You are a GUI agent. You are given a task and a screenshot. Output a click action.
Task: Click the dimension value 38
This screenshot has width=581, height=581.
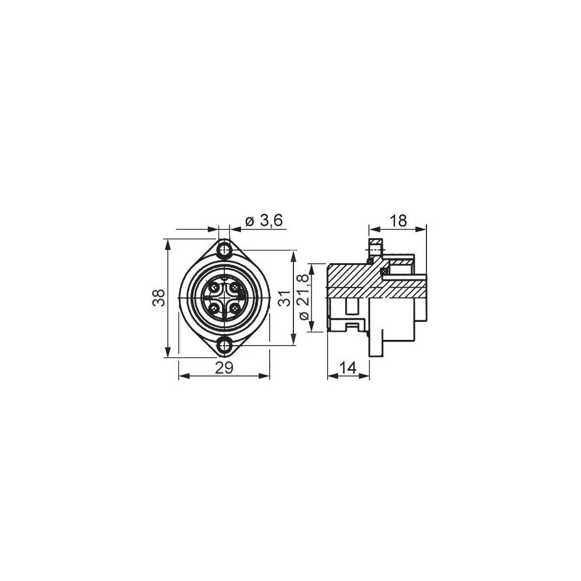tap(159, 298)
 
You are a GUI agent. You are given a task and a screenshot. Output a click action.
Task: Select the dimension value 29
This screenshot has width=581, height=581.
tap(224, 367)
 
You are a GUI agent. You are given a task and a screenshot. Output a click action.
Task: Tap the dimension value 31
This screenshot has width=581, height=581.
tap(285, 298)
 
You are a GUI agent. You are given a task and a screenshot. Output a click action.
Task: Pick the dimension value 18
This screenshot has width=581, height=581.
tap(398, 220)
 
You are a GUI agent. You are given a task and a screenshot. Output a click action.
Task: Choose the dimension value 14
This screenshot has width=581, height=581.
tap(348, 367)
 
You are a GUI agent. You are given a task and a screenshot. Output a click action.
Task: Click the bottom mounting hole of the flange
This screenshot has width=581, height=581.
tap(224, 345)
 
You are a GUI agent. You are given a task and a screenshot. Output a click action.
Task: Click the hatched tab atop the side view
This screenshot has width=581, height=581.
tap(375, 242)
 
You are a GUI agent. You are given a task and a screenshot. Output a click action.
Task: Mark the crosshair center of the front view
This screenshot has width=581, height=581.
tap(224, 298)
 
